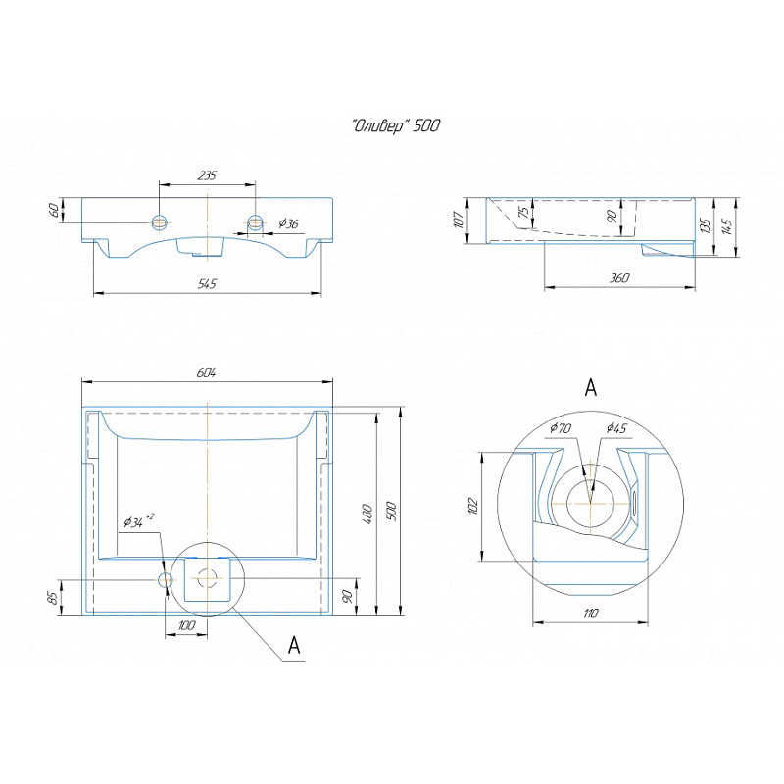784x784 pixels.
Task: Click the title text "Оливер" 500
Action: click(x=397, y=125)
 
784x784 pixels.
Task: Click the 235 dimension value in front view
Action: click(x=207, y=175)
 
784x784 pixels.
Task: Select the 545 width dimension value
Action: click(x=206, y=284)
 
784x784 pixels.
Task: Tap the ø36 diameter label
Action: click(x=288, y=224)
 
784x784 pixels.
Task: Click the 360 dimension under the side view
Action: click(x=618, y=278)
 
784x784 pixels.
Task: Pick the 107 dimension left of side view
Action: click(x=459, y=220)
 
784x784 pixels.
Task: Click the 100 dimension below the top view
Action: click(x=186, y=625)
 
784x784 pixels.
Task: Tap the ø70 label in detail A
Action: click(x=561, y=428)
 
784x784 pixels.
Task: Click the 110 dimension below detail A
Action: click(x=589, y=612)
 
